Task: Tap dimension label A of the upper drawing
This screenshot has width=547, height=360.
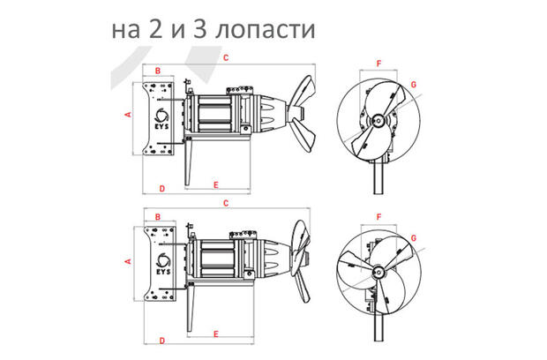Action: click(x=129, y=115)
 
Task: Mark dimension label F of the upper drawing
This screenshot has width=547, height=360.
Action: click(x=378, y=64)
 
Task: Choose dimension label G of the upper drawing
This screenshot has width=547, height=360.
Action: click(x=412, y=85)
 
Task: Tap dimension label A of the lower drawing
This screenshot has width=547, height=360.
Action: click(x=129, y=262)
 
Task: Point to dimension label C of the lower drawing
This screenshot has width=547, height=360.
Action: click(x=226, y=204)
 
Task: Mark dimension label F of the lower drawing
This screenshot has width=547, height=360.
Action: click(x=378, y=215)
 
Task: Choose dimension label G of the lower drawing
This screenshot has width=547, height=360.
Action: click(x=412, y=236)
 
